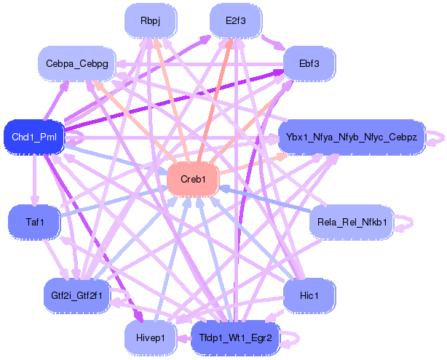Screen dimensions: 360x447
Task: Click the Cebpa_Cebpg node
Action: (77, 64)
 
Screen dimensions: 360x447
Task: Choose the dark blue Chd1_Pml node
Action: (34, 136)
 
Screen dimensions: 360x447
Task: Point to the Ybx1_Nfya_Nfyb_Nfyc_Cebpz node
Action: (351, 137)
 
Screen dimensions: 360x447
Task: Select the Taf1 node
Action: (33, 220)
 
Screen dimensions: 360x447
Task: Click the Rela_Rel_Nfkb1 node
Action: (352, 221)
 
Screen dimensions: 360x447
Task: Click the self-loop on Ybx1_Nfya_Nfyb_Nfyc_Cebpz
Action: (435, 137)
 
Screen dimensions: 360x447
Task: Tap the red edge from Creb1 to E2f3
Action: (214, 101)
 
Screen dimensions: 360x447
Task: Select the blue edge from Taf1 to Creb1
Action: (109, 201)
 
